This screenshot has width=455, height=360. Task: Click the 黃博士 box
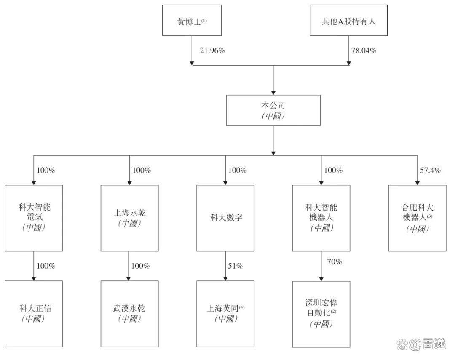192,21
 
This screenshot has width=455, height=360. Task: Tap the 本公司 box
273,110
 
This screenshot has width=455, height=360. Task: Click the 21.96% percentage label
212,51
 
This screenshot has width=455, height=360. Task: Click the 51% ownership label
235,266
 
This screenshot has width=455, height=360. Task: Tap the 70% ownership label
334,262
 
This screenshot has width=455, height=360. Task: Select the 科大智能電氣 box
34,218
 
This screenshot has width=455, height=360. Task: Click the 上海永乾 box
129,218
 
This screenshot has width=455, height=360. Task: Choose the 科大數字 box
225,218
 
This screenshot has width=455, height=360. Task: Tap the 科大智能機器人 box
321,218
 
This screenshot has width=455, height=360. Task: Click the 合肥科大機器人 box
417,218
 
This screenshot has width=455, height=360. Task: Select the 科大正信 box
34,314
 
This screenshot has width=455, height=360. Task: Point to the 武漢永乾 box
129,314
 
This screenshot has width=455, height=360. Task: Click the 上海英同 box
225,314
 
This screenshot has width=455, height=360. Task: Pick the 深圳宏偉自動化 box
321,314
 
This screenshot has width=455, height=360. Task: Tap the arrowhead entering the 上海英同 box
225,278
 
